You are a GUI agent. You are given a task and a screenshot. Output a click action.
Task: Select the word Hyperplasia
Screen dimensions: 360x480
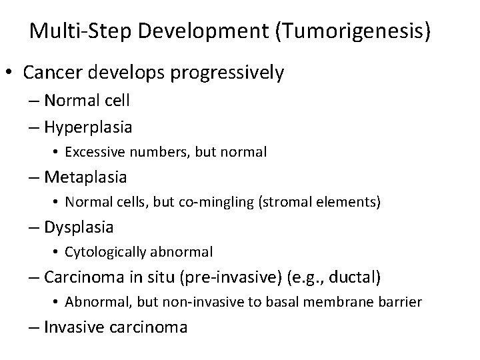click(88, 127)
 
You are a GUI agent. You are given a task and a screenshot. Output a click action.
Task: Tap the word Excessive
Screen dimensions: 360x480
click(93, 152)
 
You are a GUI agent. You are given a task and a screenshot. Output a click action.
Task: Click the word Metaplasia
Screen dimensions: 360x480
click(85, 177)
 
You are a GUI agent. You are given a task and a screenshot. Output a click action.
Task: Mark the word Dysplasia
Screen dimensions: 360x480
click(79, 227)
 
